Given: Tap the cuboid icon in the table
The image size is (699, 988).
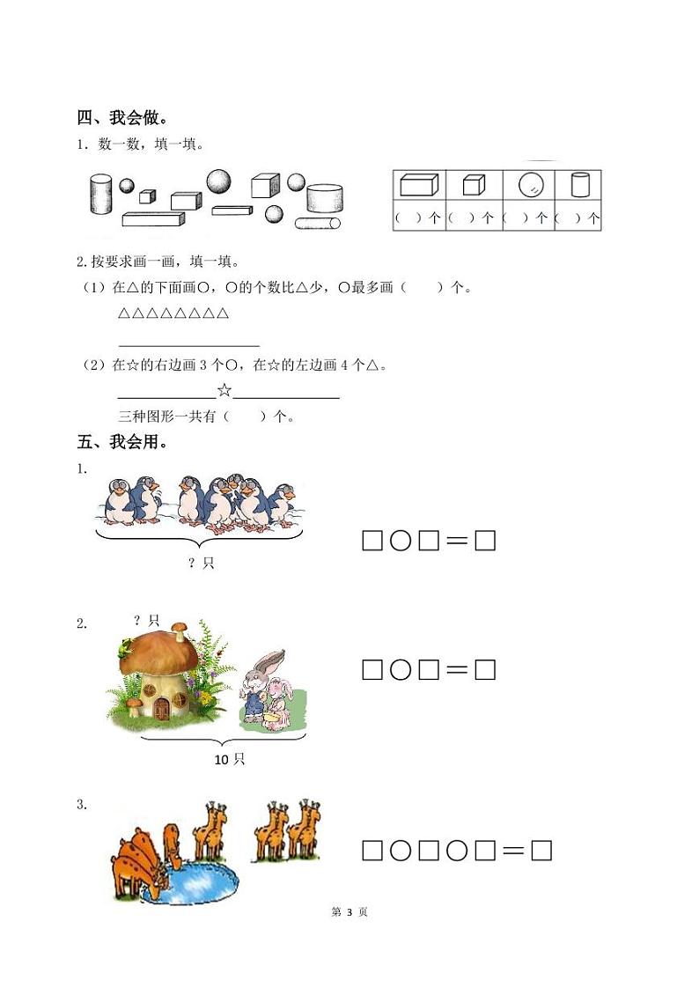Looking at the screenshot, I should pos(419,185).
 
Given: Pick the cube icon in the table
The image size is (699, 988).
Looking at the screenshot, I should pos(474,185).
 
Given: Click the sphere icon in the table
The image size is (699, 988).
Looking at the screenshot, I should pos(531,185).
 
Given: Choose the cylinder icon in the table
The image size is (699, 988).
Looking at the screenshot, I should pos(579,185).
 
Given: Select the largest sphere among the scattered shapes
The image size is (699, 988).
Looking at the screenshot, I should pos(219,181).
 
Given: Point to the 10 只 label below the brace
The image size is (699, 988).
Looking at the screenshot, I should pos(229,759).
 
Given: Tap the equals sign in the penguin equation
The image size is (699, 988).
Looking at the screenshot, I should pos(456,542).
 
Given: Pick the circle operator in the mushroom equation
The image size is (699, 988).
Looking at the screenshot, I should pos(401,670).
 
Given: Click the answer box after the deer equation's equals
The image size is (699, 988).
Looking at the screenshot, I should pos(541,851).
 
